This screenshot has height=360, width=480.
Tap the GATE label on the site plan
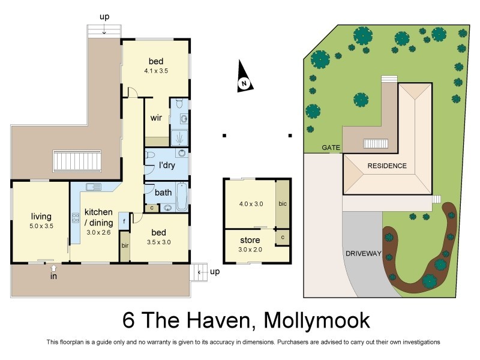coord(331,148)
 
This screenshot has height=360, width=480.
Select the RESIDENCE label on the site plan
coord(387,166)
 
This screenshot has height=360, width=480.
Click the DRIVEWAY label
coord(364,254)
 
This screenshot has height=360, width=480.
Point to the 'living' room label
coord(41,216)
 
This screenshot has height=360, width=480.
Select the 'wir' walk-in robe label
coord(156,118)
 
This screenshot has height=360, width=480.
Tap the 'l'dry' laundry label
coord(166,165)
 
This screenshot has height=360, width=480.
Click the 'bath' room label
coord(163,193)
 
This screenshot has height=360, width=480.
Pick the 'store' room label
coord(250,240)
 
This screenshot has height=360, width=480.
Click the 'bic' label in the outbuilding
coord(283,203)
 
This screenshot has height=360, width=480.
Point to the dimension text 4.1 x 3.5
coord(156,71)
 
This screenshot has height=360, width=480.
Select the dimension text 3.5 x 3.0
coord(158,242)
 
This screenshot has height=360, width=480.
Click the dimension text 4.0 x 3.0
coord(251,204)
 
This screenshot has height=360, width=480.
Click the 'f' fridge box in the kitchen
coord(123,220)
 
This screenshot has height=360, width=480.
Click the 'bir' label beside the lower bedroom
coord(124,246)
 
